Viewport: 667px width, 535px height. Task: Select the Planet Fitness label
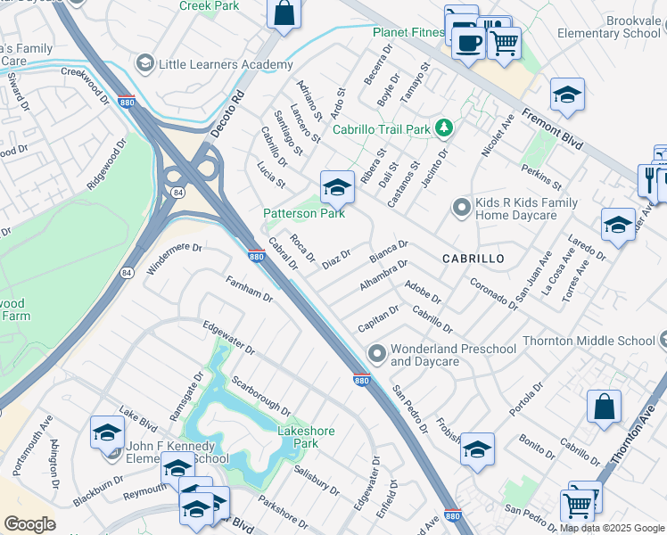click(x=408, y=33)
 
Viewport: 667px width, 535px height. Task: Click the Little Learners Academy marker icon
click(x=144, y=64)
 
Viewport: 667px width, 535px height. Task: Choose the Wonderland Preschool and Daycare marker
click(x=377, y=355)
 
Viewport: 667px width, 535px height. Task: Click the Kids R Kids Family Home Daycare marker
click(x=461, y=209)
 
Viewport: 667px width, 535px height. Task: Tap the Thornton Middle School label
click(x=601, y=341)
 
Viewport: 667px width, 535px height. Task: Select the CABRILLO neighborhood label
click(x=473, y=258)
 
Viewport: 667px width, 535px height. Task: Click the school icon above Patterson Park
click(x=336, y=187)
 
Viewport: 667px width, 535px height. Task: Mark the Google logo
click(x=29, y=524)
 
